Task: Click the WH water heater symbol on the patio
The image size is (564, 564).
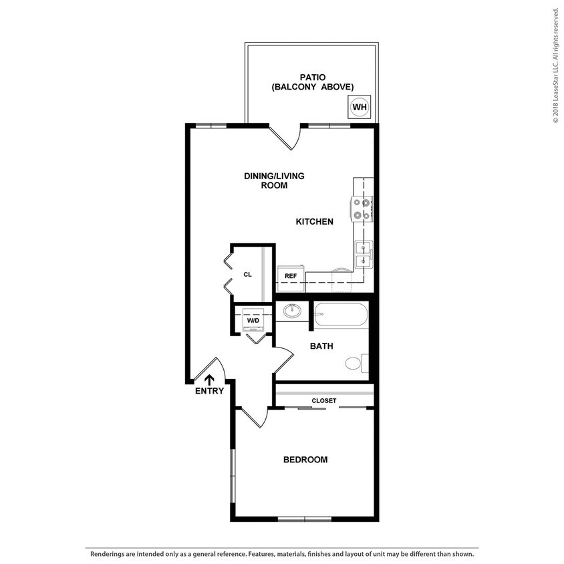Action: pos(360,107)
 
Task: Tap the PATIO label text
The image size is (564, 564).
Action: pos(312,78)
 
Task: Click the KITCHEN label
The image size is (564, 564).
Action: pos(314,221)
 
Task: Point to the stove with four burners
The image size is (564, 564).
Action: pos(363,208)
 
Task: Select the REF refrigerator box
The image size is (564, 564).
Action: pos(291,275)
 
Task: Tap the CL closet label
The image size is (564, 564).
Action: pos(247,275)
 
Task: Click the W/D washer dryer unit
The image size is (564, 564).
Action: pos(253,319)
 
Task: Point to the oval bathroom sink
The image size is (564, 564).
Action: pos(291,311)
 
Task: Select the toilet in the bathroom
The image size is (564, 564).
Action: pos(356,364)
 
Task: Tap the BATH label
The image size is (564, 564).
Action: pos(321,346)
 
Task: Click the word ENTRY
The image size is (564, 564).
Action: pos(209,392)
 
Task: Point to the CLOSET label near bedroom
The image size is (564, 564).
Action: pos(324,401)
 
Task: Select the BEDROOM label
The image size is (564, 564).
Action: pos(305,460)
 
